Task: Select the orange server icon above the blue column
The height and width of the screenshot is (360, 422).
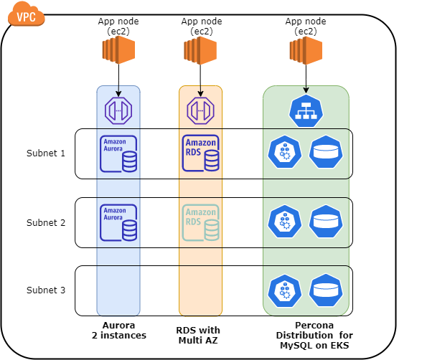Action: [x=118, y=49]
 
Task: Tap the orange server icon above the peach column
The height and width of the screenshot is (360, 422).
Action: [x=200, y=49]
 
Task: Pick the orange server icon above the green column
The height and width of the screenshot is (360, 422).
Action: [x=306, y=49]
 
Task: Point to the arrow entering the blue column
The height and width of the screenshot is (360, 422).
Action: [x=118, y=91]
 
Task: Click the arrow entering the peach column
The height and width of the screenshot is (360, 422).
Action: [x=200, y=91]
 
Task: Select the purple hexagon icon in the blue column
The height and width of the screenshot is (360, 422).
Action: [x=118, y=110]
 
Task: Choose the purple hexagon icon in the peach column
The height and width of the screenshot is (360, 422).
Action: [x=200, y=110]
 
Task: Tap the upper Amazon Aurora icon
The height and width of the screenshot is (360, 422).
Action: [x=118, y=153]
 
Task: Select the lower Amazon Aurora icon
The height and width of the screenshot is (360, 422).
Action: [x=118, y=223]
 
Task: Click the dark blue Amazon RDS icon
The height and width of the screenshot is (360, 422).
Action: [x=200, y=153]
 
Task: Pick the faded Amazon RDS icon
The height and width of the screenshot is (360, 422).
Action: [x=200, y=223]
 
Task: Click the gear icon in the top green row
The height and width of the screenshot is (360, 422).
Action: [x=284, y=152]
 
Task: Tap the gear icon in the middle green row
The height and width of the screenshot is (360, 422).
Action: [x=284, y=221]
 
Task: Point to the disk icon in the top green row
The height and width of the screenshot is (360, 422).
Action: [x=326, y=152]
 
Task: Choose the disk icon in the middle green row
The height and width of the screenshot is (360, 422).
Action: [x=326, y=221]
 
